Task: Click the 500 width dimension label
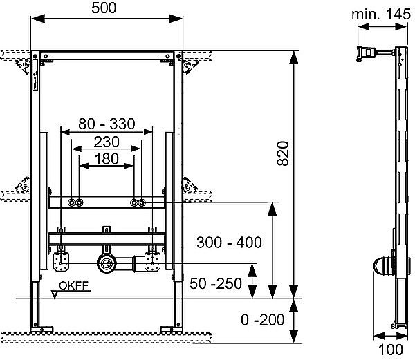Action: (x=107, y=9)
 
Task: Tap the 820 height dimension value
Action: (x=281, y=158)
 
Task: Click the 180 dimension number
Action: (x=107, y=158)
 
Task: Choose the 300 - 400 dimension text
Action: (x=229, y=243)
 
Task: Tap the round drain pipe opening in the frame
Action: (x=107, y=263)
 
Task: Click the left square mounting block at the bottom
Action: (x=61, y=261)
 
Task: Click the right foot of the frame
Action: (x=169, y=325)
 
